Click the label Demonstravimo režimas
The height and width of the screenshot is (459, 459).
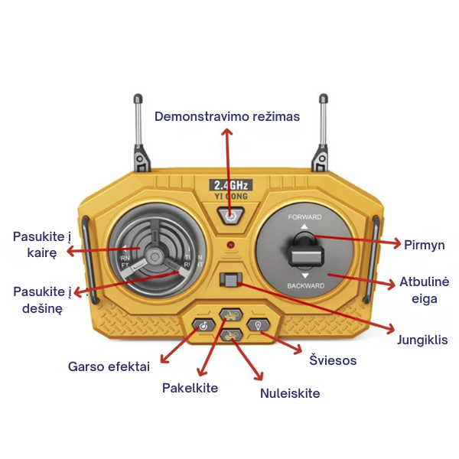(227, 116)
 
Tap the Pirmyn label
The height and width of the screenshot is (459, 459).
(424, 245)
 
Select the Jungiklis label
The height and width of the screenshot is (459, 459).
(422, 340)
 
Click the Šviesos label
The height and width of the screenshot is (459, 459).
(333, 360)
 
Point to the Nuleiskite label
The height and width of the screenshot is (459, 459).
(290, 393)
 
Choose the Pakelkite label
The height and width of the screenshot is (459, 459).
(190, 388)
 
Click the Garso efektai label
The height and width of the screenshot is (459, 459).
(109, 366)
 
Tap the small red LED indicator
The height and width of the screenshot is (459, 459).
(231, 245)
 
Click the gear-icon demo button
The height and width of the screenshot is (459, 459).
(231, 216)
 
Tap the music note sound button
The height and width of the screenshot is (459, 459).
(203, 325)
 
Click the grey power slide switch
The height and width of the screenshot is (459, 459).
(231, 280)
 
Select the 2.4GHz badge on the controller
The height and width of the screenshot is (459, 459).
(231, 185)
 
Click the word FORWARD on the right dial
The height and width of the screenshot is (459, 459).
(304, 217)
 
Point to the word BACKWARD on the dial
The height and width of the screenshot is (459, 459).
(305, 285)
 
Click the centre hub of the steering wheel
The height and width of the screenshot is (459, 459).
(155, 257)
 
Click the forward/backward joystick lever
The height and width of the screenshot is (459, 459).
(305, 251)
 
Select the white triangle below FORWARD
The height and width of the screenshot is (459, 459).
(304, 226)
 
